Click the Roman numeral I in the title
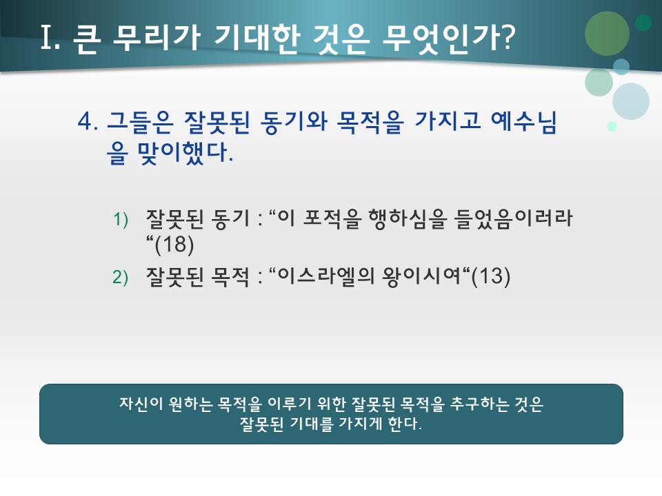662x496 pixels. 49,39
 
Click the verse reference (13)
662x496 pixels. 490,277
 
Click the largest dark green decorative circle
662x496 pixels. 607,33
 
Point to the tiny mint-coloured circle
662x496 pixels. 612,126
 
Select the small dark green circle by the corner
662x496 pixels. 643,23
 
